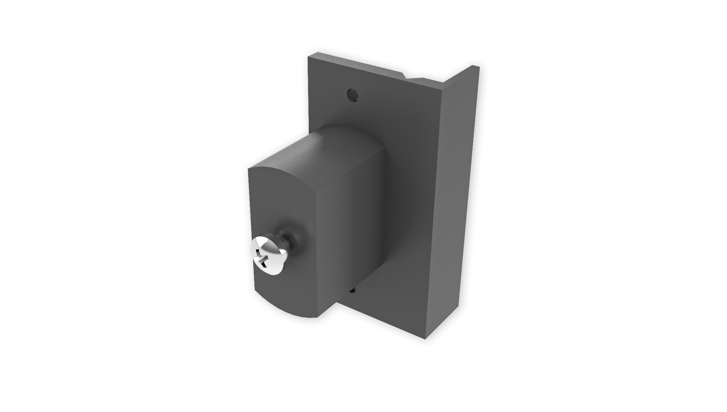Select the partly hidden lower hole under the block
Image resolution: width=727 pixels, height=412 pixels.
(x=353, y=290)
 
